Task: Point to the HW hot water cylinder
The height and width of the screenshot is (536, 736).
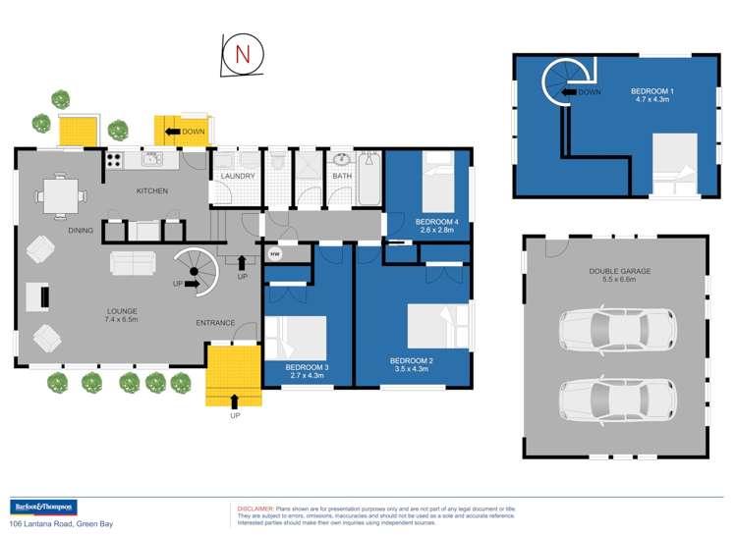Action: (273, 254)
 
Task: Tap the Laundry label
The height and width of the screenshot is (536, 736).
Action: (238, 177)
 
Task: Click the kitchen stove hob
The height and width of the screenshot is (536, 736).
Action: (114, 159)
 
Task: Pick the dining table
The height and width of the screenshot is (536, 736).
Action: (60, 194)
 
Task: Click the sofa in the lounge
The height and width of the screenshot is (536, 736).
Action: (132, 263)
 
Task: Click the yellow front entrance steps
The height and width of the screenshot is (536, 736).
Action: (234, 377)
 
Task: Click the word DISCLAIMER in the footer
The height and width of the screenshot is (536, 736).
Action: (256, 509)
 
